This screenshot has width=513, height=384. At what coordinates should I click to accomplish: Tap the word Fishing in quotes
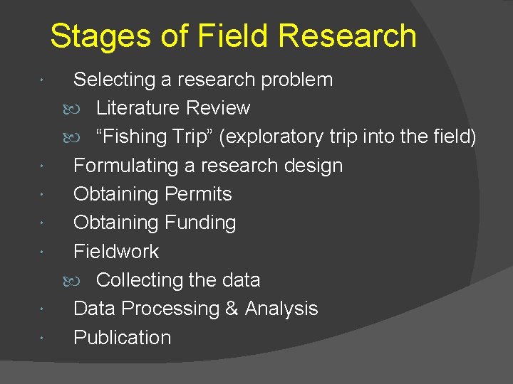click(x=138, y=137)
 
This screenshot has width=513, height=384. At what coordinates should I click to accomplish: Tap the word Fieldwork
click(x=116, y=251)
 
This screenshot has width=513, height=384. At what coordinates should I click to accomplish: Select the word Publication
click(x=122, y=337)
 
